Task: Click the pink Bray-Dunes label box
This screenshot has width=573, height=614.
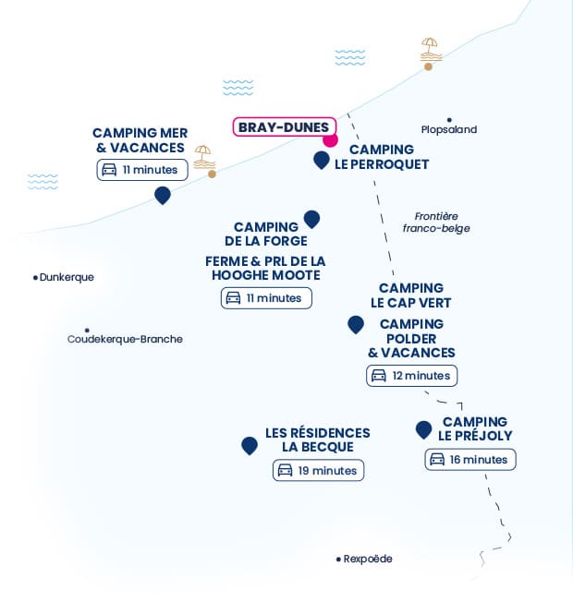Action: point(284,126)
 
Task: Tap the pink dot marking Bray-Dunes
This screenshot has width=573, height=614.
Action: point(330,139)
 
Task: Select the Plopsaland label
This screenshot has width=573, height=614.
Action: point(449,129)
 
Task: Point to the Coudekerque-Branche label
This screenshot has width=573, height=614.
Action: point(125,339)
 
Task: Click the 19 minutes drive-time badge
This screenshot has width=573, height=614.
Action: point(318,470)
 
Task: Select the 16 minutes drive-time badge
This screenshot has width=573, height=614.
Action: point(470,459)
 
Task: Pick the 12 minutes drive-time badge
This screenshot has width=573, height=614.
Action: point(411,376)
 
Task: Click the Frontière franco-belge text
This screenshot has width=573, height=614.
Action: point(436,222)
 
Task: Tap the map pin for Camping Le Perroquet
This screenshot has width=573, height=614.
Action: point(322,160)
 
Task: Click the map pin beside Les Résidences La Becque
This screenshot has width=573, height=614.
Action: point(250,446)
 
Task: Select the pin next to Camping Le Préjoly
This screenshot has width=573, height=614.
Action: point(423,430)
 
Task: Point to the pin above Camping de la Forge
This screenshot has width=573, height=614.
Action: point(311,220)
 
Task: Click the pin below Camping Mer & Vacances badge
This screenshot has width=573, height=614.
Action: point(163,196)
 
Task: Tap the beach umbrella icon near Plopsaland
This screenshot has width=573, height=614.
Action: point(431,50)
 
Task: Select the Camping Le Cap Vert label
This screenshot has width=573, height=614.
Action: point(411,295)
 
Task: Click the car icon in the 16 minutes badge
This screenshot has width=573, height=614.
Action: point(437,459)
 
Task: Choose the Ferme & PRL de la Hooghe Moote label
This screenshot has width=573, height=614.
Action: point(265,269)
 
